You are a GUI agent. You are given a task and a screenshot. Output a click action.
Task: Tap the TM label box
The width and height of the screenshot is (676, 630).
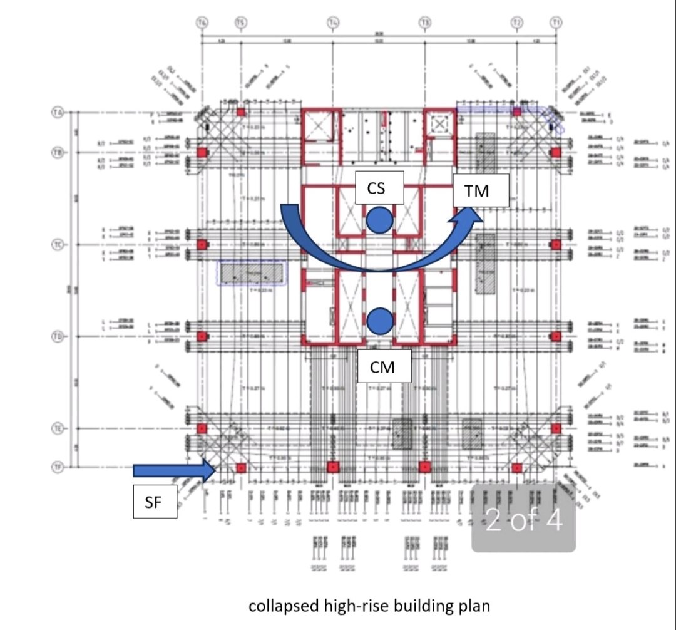pos(481,190)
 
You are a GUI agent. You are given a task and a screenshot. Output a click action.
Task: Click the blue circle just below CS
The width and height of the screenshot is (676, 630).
pos(379,220)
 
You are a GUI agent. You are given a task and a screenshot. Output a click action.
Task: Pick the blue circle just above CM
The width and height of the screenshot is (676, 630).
pos(379,321)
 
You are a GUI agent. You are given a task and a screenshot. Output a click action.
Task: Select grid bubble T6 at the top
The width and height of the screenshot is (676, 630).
pos(202,23)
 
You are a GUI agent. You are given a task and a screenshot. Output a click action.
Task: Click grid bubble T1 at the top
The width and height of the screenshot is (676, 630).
pos(556,23)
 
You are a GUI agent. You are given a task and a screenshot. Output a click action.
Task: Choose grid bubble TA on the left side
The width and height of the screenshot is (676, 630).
pos(57,113)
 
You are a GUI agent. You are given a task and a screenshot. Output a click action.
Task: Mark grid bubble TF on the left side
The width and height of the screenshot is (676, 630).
pos(57,467)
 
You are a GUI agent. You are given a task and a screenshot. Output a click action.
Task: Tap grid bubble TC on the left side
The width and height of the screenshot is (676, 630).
pos(57,244)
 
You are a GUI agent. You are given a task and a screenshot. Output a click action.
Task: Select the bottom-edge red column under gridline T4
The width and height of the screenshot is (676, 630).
pos(333,467)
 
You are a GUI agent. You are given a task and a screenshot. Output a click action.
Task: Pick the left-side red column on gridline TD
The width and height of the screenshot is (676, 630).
pos(202,336)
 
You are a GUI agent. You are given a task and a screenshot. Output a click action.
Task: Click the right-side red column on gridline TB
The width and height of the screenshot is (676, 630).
pos(556,152)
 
